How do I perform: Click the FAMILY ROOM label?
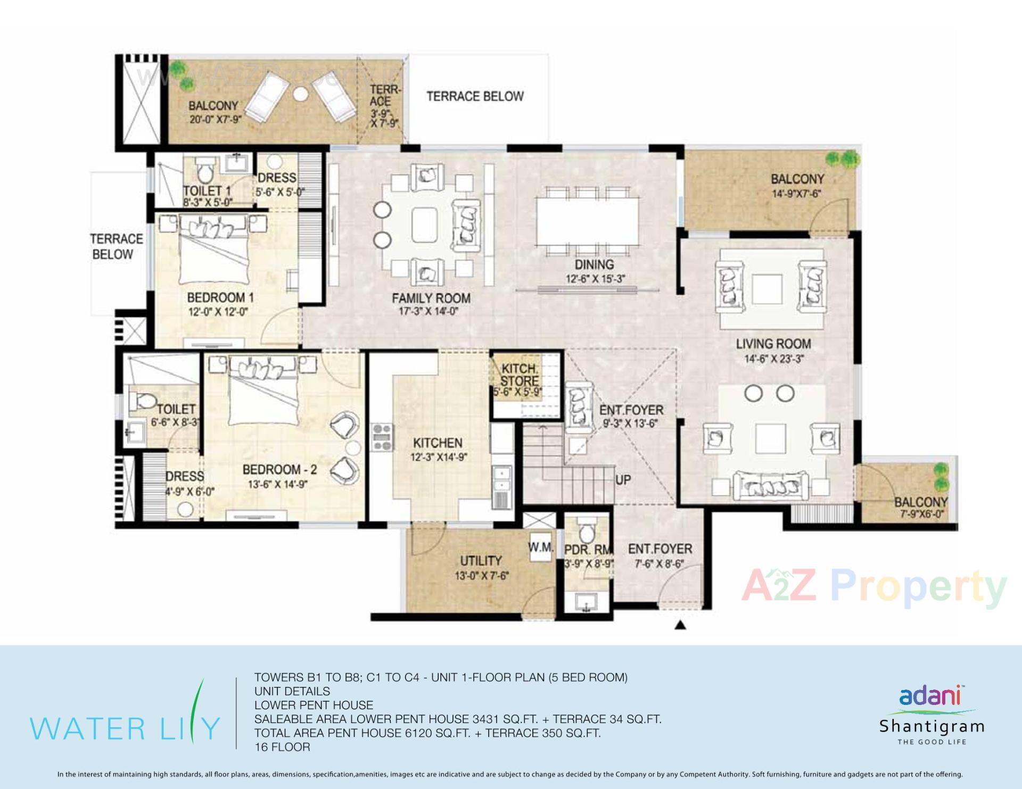pos(431,298)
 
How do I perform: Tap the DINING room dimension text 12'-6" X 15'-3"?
pos(595,279)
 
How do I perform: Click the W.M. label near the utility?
pos(541,547)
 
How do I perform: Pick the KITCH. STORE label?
pos(519,375)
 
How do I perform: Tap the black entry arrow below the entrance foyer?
pos(680,625)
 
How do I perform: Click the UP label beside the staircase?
pos(623,480)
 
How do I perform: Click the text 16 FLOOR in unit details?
pos(282,747)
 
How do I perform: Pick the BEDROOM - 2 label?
pos(279,469)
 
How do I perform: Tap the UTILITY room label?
pos(481,561)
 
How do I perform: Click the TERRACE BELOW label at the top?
pos(475,96)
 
